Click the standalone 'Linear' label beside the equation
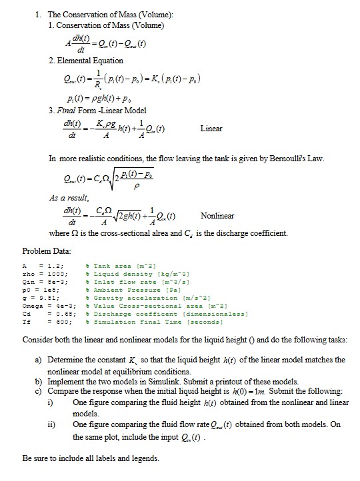211,129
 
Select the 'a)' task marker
39,360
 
